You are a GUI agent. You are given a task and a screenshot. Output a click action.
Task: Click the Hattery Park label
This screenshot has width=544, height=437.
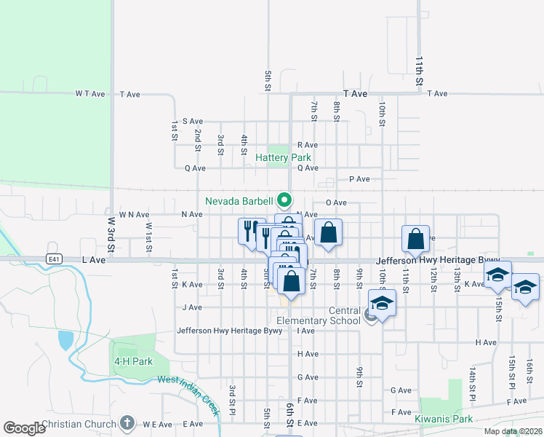284,157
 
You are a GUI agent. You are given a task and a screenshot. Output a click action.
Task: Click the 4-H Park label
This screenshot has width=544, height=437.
133,361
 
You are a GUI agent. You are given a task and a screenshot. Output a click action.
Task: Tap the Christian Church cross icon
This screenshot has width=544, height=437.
127,423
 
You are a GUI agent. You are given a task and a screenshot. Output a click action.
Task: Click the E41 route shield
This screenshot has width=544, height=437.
54,259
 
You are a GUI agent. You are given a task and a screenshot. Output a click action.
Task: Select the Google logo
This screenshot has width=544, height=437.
24,428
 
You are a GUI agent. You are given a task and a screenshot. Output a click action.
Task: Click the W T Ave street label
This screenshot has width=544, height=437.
90,94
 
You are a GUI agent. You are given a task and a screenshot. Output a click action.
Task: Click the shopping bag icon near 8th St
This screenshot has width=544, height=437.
329,233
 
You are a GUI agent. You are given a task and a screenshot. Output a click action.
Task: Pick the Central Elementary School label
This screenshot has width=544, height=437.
319,315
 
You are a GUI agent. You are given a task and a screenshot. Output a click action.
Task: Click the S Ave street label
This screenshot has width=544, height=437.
193,121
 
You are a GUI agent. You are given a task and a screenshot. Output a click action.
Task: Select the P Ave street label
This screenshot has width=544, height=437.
360,179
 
